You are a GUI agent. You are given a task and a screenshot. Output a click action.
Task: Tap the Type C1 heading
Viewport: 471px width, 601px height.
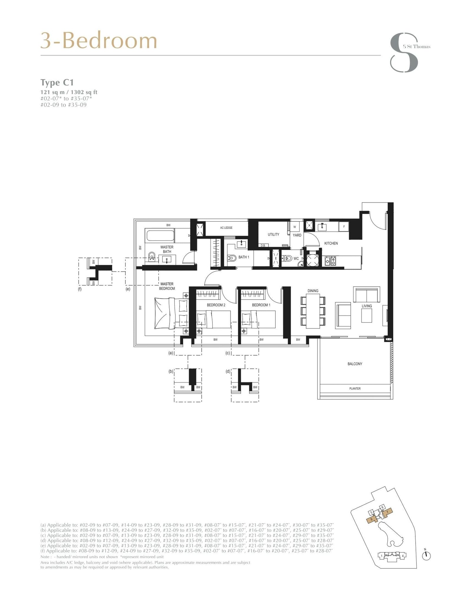pyautogui.click(x=57, y=83)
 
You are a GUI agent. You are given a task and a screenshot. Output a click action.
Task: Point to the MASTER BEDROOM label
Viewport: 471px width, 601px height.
pyautogui.click(x=167, y=286)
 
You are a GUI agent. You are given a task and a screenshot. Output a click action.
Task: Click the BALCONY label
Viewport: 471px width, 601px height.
pyautogui.click(x=355, y=364)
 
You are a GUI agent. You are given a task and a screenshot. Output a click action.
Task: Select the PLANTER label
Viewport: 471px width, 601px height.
pyautogui.click(x=355, y=389)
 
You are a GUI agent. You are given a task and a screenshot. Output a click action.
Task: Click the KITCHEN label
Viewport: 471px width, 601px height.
pyautogui.click(x=331, y=243)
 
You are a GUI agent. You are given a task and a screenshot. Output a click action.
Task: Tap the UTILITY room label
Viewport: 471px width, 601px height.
pyautogui.click(x=273, y=235)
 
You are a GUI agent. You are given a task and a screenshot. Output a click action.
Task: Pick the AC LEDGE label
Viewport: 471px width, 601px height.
pyautogui.click(x=226, y=228)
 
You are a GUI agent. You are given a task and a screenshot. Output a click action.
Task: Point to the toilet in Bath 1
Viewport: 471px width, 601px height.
pyautogui.click(x=232, y=258)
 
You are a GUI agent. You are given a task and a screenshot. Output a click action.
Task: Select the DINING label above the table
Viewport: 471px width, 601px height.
pyautogui.click(x=313, y=291)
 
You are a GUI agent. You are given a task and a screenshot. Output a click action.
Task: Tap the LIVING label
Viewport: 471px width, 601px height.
pyautogui.click(x=366, y=306)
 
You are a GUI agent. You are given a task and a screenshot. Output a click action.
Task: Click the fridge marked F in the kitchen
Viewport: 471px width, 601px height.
pyautogui.click(x=344, y=227)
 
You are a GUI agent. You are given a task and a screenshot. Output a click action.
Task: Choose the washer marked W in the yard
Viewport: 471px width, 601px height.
pyautogui.click(x=295, y=227)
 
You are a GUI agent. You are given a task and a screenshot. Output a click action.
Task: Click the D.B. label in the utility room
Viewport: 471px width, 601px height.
pyautogui.click(x=263, y=245)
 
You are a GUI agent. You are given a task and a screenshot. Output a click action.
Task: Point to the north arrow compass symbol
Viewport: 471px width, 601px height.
pyautogui.click(x=426, y=556)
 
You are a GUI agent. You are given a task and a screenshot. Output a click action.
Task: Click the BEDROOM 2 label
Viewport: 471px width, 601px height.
pyautogui.click(x=216, y=305)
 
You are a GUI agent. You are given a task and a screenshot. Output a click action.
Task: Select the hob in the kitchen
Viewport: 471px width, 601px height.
pyautogui.click(x=330, y=260)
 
